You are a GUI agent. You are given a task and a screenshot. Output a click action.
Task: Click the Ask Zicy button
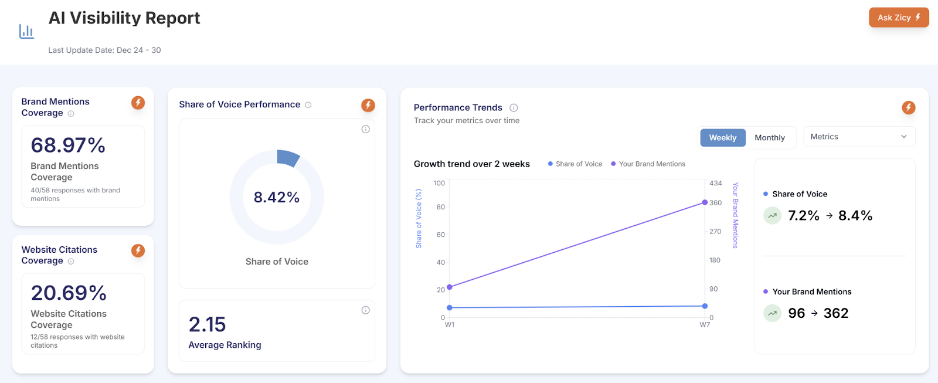(898, 18)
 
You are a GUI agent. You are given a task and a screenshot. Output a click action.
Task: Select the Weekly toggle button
(722, 138)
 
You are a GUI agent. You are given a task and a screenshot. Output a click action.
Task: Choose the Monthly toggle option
(769, 138)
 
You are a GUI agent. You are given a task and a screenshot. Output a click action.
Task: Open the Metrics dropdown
(858, 137)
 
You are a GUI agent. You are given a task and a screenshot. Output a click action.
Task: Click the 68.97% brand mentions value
(68, 145)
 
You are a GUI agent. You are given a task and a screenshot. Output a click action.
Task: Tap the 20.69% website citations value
(69, 293)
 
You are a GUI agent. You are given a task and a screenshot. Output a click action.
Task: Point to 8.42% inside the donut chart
(277, 197)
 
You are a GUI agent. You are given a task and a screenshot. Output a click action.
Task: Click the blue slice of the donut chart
(288, 158)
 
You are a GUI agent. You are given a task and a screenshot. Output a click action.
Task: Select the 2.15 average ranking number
(207, 324)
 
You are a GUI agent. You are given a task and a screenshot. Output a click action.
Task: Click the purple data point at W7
(705, 202)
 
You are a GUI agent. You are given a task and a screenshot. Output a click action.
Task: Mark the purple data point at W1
(450, 287)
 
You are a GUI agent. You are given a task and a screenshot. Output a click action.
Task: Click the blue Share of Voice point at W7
(705, 306)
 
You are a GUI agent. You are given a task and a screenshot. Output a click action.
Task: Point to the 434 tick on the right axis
(715, 184)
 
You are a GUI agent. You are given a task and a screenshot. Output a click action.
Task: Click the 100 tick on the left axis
(439, 184)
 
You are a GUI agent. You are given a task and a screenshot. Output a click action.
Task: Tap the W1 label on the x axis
(450, 325)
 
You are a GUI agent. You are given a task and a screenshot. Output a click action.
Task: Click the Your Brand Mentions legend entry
(651, 164)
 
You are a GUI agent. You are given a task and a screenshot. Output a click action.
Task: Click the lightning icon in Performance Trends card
(908, 107)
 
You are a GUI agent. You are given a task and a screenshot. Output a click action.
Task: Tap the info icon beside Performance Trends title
(514, 108)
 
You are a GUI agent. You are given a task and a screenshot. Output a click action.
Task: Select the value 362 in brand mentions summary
(835, 313)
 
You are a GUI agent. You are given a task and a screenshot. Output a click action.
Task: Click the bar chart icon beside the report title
(26, 31)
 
